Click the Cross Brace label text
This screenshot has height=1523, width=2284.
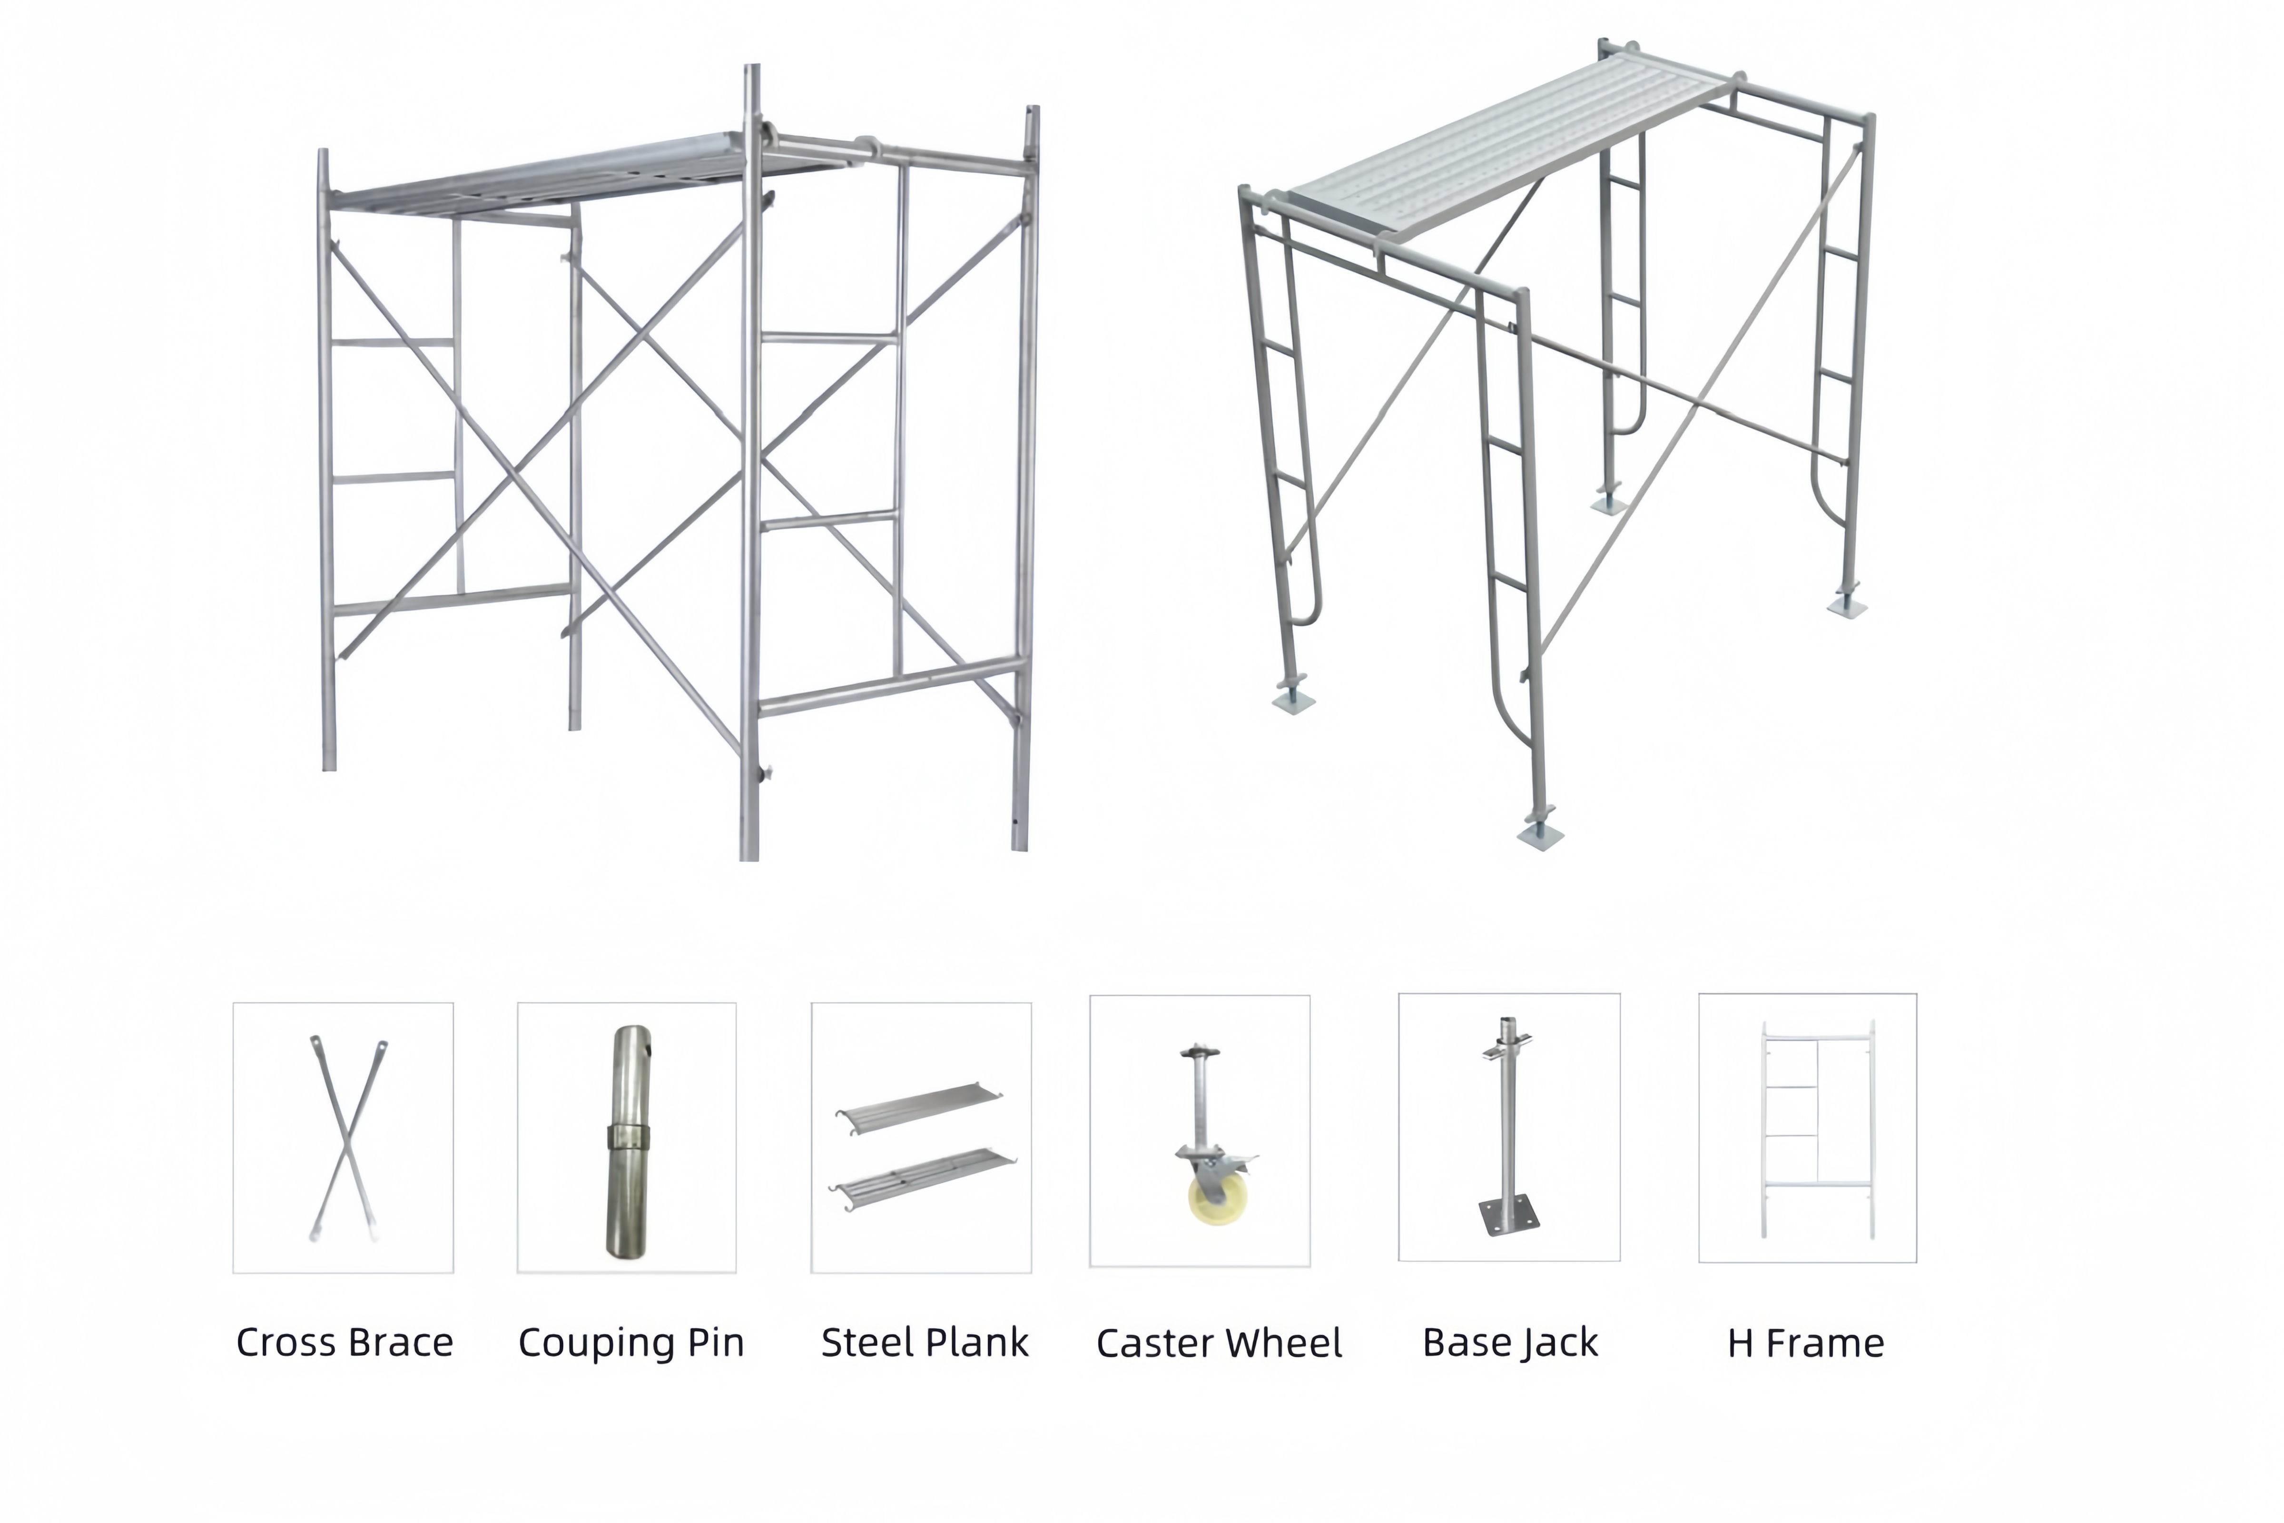coord(344,1342)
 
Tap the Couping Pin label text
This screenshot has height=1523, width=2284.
coord(630,1342)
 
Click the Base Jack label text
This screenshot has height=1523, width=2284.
coord(1509,1342)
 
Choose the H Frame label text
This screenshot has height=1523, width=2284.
coord(1805,1342)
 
